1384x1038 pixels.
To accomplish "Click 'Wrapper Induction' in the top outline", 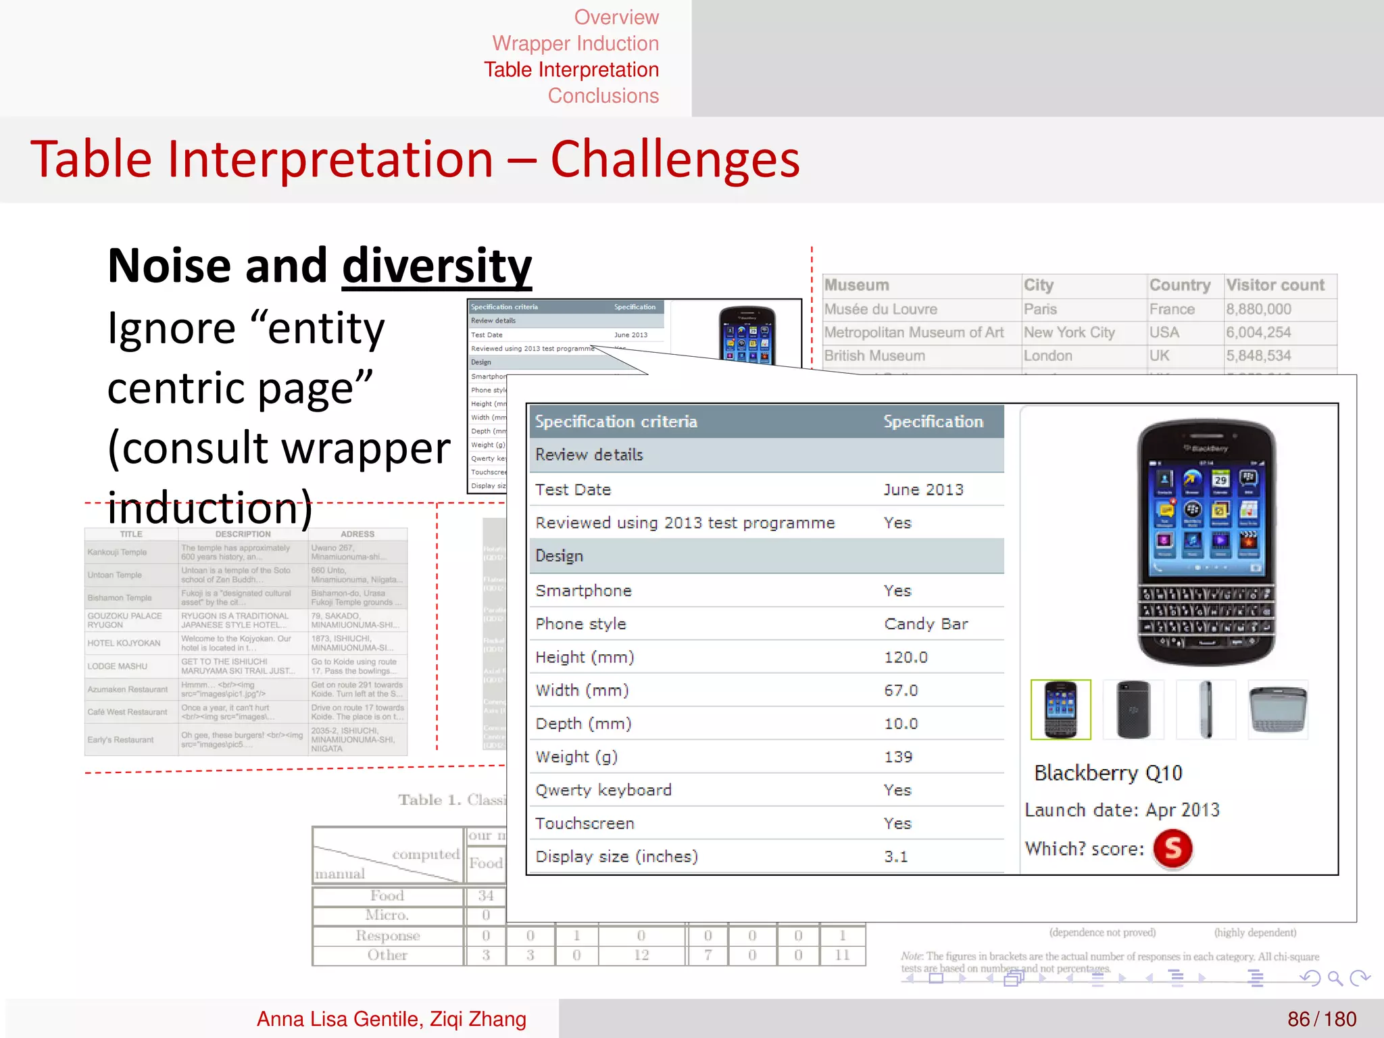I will click(575, 43).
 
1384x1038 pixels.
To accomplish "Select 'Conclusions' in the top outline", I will click(603, 96).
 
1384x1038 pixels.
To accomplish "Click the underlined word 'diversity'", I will click(437, 266).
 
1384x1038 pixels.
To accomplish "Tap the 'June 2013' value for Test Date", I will click(923, 490).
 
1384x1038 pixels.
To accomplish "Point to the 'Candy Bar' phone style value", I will click(926, 624).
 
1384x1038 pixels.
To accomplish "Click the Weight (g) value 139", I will click(898, 757).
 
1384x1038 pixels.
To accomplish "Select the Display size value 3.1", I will click(896, 857).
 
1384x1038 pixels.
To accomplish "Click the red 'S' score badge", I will click(1172, 848).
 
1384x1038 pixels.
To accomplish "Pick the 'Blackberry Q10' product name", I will click(1108, 773).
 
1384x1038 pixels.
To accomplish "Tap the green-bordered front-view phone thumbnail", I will click(1060, 710).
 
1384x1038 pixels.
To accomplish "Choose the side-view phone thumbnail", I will click(1206, 710).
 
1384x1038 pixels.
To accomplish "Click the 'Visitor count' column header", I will click(1275, 285).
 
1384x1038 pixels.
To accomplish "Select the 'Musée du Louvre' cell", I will click(881, 310).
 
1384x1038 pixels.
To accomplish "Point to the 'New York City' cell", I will click(1069, 332).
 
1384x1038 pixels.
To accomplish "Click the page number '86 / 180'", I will click(1321, 1019).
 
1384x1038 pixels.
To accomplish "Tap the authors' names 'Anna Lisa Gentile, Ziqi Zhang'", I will click(391, 1019).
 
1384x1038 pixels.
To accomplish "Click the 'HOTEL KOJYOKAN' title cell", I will click(124, 643).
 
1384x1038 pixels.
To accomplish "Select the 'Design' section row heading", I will click(560, 556).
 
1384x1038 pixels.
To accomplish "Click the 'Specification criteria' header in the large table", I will click(616, 422).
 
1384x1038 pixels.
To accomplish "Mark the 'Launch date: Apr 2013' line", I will click(1122, 810).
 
